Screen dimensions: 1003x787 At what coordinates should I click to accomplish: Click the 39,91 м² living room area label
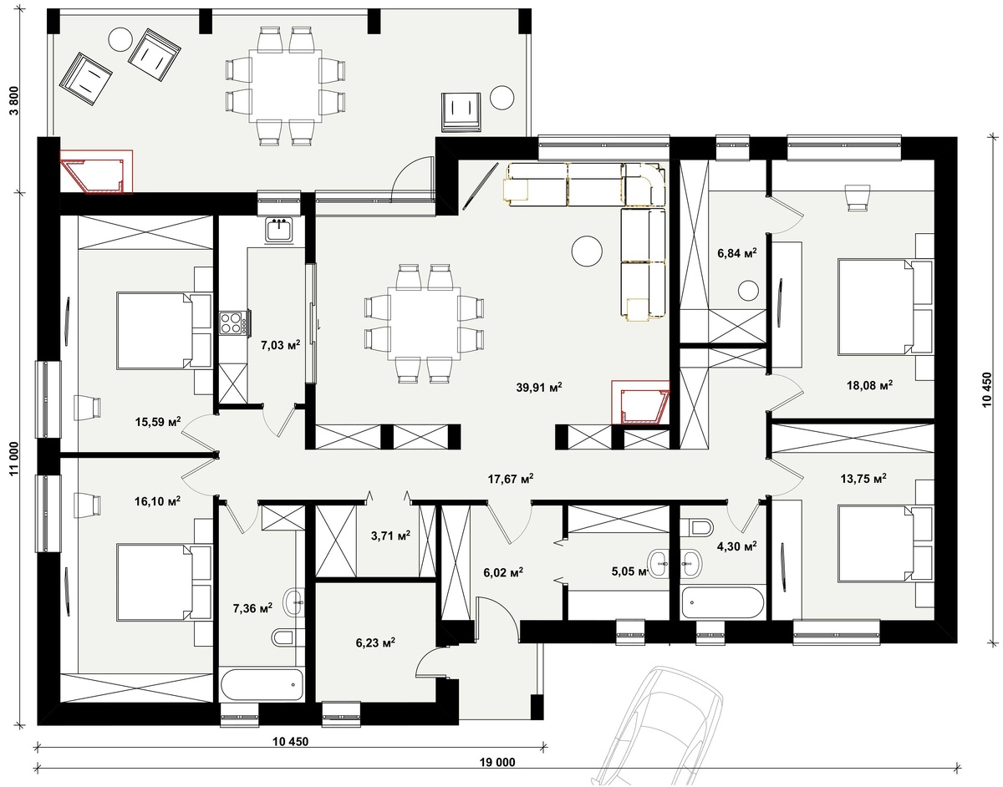pyautogui.click(x=538, y=388)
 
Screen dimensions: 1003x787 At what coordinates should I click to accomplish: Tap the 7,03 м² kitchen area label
pyautogui.click(x=280, y=344)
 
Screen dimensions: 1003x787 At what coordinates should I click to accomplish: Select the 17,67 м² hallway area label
pyautogui.click(x=511, y=479)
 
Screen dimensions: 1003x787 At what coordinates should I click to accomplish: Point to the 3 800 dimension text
pyautogui.click(x=14, y=100)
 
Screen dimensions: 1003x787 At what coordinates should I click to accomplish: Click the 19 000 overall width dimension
pyautogui.click(x=497, y=763)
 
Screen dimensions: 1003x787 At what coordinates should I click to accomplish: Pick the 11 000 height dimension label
pyautogui.click(x=14, y=459)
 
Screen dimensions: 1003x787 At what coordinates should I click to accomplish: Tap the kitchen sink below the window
pyautogui.click(x=278, y=230)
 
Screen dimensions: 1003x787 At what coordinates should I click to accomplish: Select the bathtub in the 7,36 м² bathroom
pyautogui.click(x=262, y=684)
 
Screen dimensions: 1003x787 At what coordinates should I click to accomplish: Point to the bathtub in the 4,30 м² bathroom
pyautogui.click(x=722, y=602)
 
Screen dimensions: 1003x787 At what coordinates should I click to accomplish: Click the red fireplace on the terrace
pyautogui.click(x=96, y=171)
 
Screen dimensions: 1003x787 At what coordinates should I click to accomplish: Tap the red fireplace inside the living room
pyautogui.click(x=640, y=402)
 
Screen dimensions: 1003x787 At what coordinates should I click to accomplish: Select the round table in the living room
pyautogui.click(x=587, y=251)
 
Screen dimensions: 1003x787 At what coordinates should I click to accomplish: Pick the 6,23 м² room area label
pyautogui.click(x=375, y=642)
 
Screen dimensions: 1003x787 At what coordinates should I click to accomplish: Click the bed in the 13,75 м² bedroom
pyautogui.click(x=884, y=543)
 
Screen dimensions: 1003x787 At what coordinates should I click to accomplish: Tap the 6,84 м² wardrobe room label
pyautogui.click(x=737, y=253)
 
